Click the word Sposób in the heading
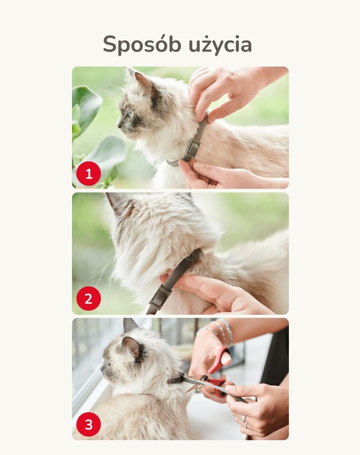pyautogui.click(x=142, y=45)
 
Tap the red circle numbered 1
pyautogui.click(x=89, y=174)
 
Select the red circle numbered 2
pyautogui.click(x=89, y=299)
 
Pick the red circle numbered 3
pyautogui.click(x=89, y=424)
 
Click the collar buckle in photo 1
pyautogui.click(x=192, y=149)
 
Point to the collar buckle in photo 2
pyautogui.click(x=159, y=297)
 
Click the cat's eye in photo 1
pyautogui.click(x=129, y=114)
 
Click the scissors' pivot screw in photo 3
pyautogui.click(x=206, y=378)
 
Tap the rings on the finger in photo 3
pyautogui.click(x=244, y=421)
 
